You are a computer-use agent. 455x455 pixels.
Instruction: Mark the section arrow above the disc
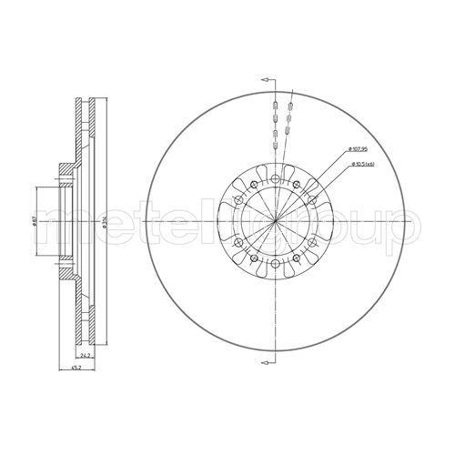(267, 80)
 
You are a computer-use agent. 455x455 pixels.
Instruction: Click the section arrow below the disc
(267, 364)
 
